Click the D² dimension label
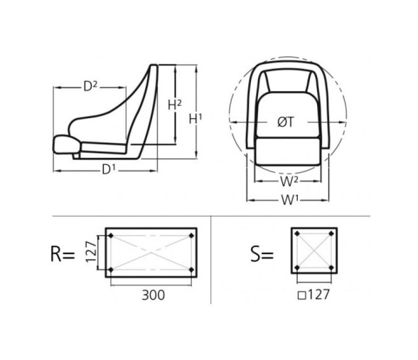(90, 86)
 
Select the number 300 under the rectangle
(151, 294)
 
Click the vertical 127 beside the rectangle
(91, 253)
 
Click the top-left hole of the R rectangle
(111, 235)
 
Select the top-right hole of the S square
(331, 235)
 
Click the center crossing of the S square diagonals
(313, 253)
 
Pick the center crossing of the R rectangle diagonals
(151, 253)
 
